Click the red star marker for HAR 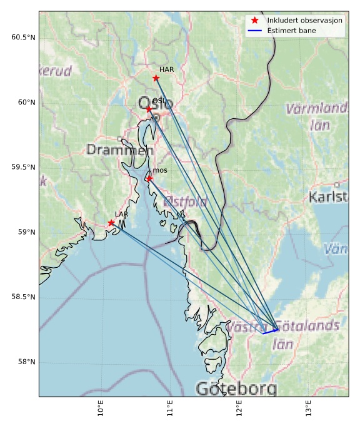pyautogui.click(x=156, y=78)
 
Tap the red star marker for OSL pyautogui.click(x=149, y=109)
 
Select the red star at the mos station pyautogui.click(x=149, y=178)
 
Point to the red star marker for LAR pyautogui.click(x=111, y=223)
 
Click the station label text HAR pyautogui.click(x=166, y=69)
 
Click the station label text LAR pyautogui.click(x=121, y=214)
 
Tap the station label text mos pyautogui.click(x=160, y=170)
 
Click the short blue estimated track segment pyautogui.click(x=270, y=331)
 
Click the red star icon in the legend pyautogui.click(x=254, y=21)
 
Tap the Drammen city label pyautogui.click(x=119, y=150)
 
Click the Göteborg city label pyautogui.click(x=236, y=389)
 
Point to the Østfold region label pyautogui.click(x=185, y=202)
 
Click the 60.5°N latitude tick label pyautogui.click(x=23, y=38)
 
